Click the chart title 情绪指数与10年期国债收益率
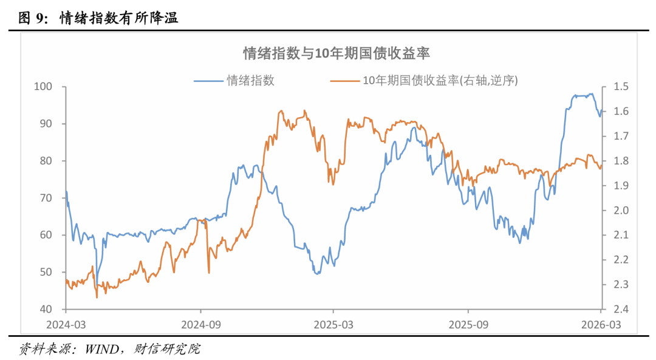click(x=337, y=53)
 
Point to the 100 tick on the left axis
click(x=47, y=87)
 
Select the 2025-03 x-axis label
click(x=333, y=324)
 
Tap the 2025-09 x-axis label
click(x=468, y=324)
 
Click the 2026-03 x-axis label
click(x=601, y=324)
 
